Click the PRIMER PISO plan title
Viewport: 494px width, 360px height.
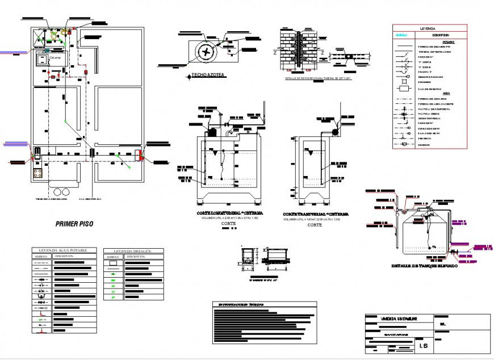click(x=74, y=224)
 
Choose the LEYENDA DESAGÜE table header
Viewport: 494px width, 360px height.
click(x=133, y=250)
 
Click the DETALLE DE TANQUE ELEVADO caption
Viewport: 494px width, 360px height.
click(x=424, y=266)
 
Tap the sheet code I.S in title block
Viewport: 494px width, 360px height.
click(x=423, y=345)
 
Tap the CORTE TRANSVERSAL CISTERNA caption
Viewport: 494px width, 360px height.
click(x=316, y=214)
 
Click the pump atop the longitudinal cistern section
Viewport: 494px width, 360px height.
click(x=212, y=131)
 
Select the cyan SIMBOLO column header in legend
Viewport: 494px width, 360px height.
click(x=402, y=35)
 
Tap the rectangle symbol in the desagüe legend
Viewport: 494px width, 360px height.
click(x=114, y=264)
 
